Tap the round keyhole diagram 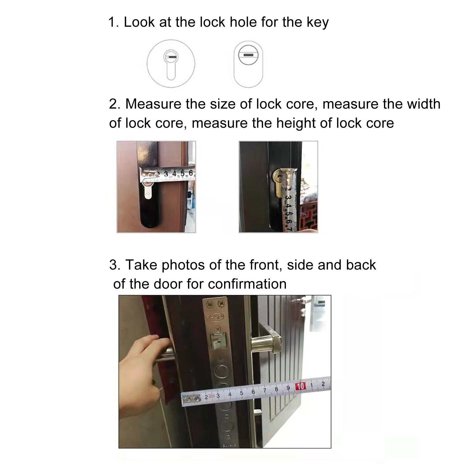[170, 63]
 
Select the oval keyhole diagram [249, 64]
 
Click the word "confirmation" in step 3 [247, 284]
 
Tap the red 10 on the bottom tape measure [301, 386]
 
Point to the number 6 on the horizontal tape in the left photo [191, 173]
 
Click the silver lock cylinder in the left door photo [148, 190]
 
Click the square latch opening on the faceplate [218, 342]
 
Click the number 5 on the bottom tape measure [241, 393]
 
